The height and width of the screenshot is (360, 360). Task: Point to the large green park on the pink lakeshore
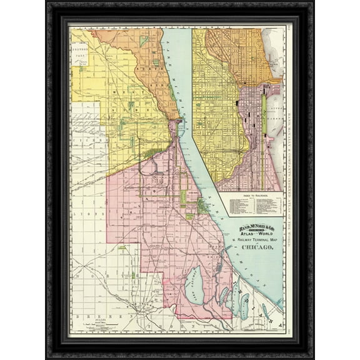(x=204, y=207)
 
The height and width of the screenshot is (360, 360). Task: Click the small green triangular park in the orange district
(x=145, y=41)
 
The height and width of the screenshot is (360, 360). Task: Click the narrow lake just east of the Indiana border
(x=244, y=306)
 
